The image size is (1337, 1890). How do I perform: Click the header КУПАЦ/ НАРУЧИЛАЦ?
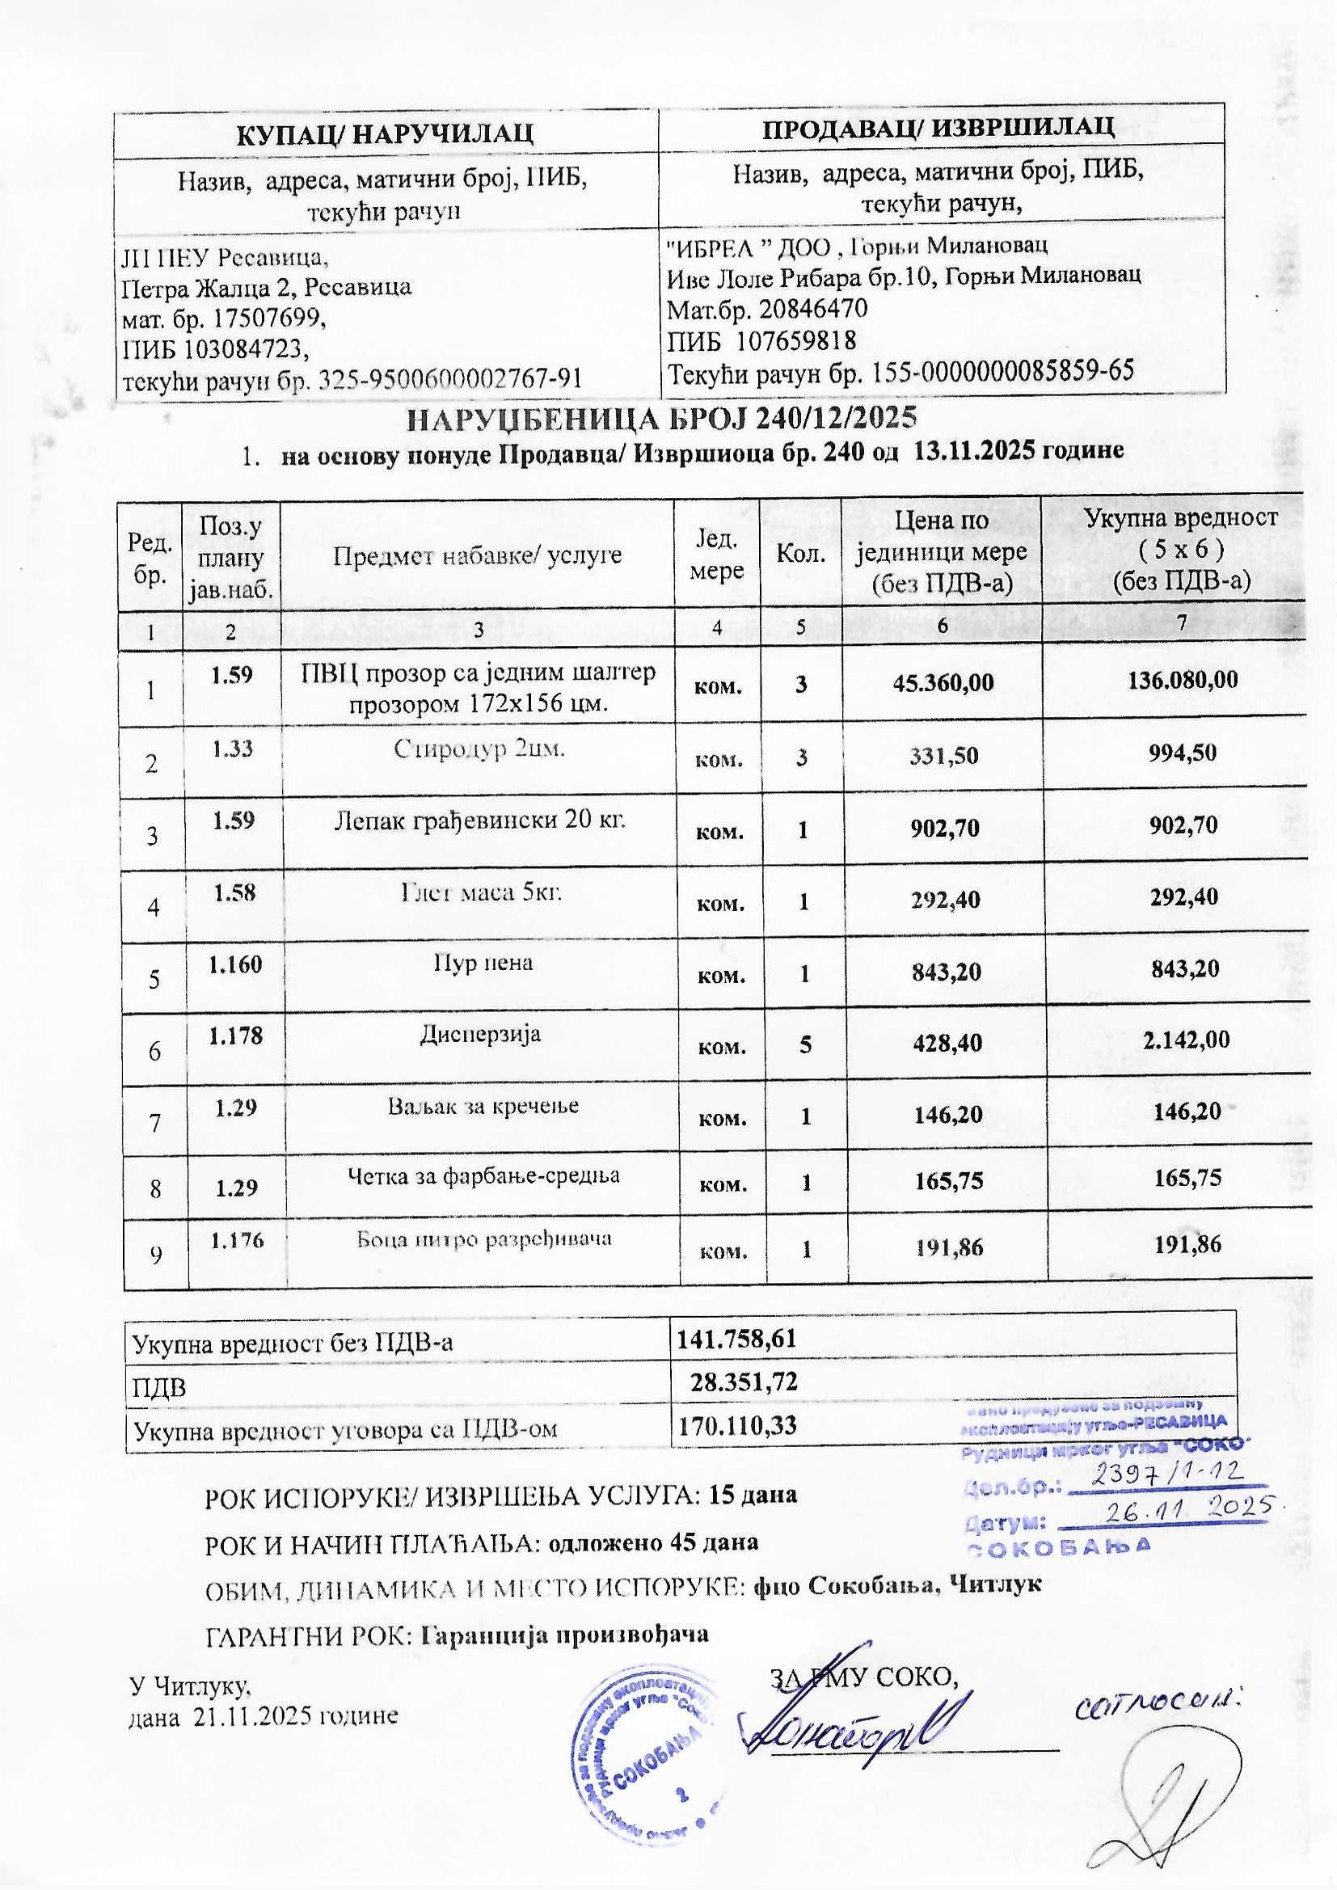[386, 133]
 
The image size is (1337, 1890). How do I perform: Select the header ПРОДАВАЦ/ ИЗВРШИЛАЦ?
[938, 127]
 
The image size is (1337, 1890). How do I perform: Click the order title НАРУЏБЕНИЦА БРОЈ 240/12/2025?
[663, 418]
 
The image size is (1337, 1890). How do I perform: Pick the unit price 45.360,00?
[943, 682]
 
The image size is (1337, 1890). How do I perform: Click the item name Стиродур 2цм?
[479, 749]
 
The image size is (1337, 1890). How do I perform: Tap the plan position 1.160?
[235, 964]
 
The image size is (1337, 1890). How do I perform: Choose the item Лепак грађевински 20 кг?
[480, 820]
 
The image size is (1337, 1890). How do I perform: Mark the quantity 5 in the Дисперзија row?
[804, 1044]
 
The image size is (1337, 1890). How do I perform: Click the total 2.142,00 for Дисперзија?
[1187, 1039]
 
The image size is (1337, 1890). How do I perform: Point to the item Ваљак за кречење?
[483, 1105]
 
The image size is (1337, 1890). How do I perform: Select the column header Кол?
[801, 554]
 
